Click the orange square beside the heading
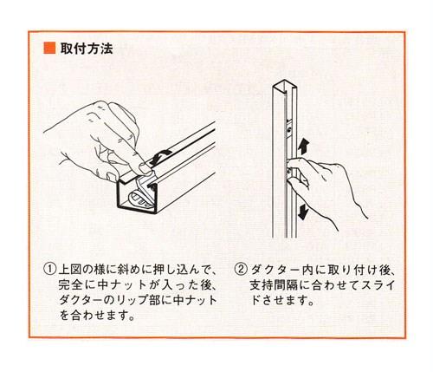point(49,48)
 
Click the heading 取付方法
point(87,49)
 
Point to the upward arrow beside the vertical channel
point(303,147)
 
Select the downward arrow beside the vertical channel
point(302,212)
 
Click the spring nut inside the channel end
point(139,198)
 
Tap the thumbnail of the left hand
point(144,166)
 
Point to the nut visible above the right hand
point(289,127)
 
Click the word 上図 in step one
point(71,270)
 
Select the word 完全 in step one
point(71,284)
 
